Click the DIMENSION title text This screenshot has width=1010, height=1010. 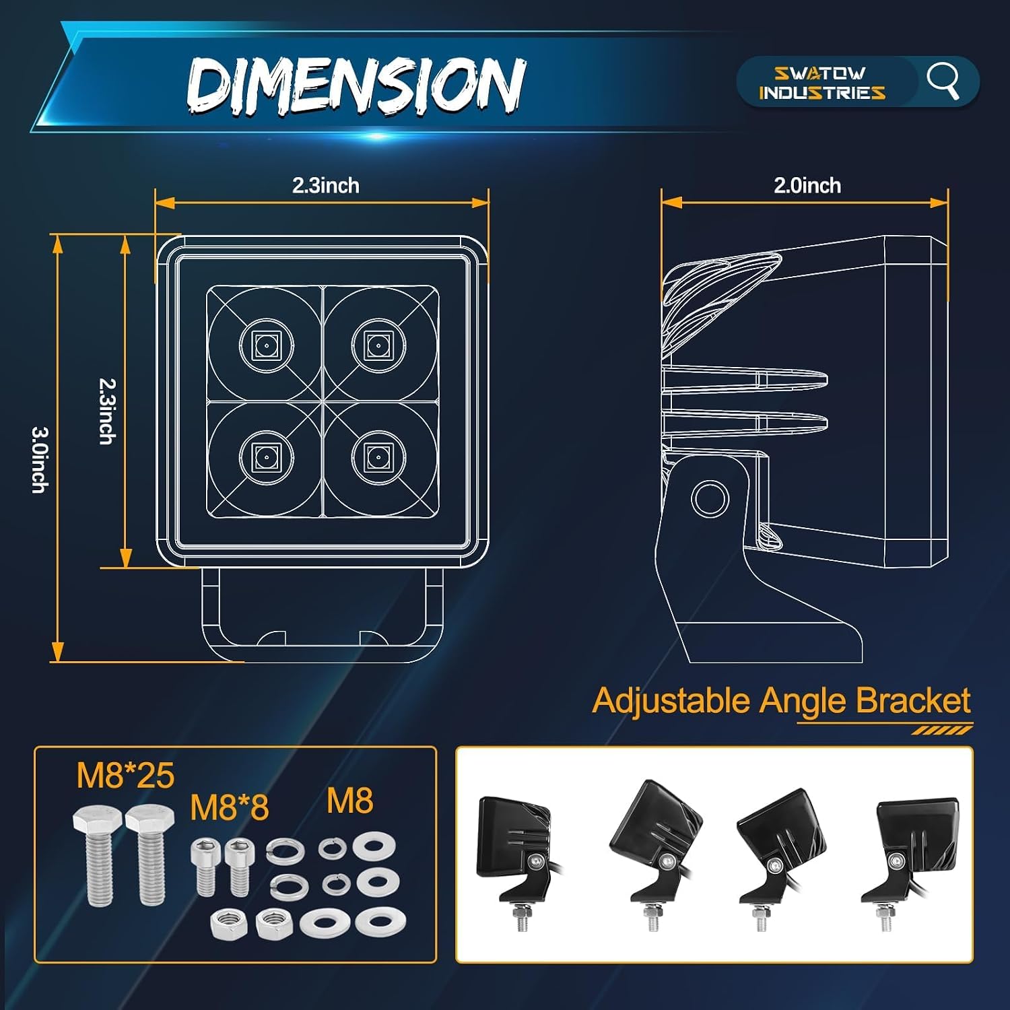point(356,86)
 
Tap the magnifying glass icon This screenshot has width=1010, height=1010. point(943,81)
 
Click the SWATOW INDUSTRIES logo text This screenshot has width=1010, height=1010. point(821,83)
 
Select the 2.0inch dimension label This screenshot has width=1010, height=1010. point(807,185)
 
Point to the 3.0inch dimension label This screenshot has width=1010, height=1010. point(40,459)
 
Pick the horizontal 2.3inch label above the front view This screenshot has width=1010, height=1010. point(326,185)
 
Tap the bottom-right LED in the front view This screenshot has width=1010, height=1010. point(378,457)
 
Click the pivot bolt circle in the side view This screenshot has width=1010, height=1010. point(710,498)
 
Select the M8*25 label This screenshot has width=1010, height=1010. point(125,775)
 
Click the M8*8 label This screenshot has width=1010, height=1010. point(230,807)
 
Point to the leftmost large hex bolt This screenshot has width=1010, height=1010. point(98,854)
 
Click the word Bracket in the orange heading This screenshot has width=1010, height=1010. point(913,700)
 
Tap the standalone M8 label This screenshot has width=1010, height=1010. point(349,801)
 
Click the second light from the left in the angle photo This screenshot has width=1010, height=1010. point(654,855)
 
